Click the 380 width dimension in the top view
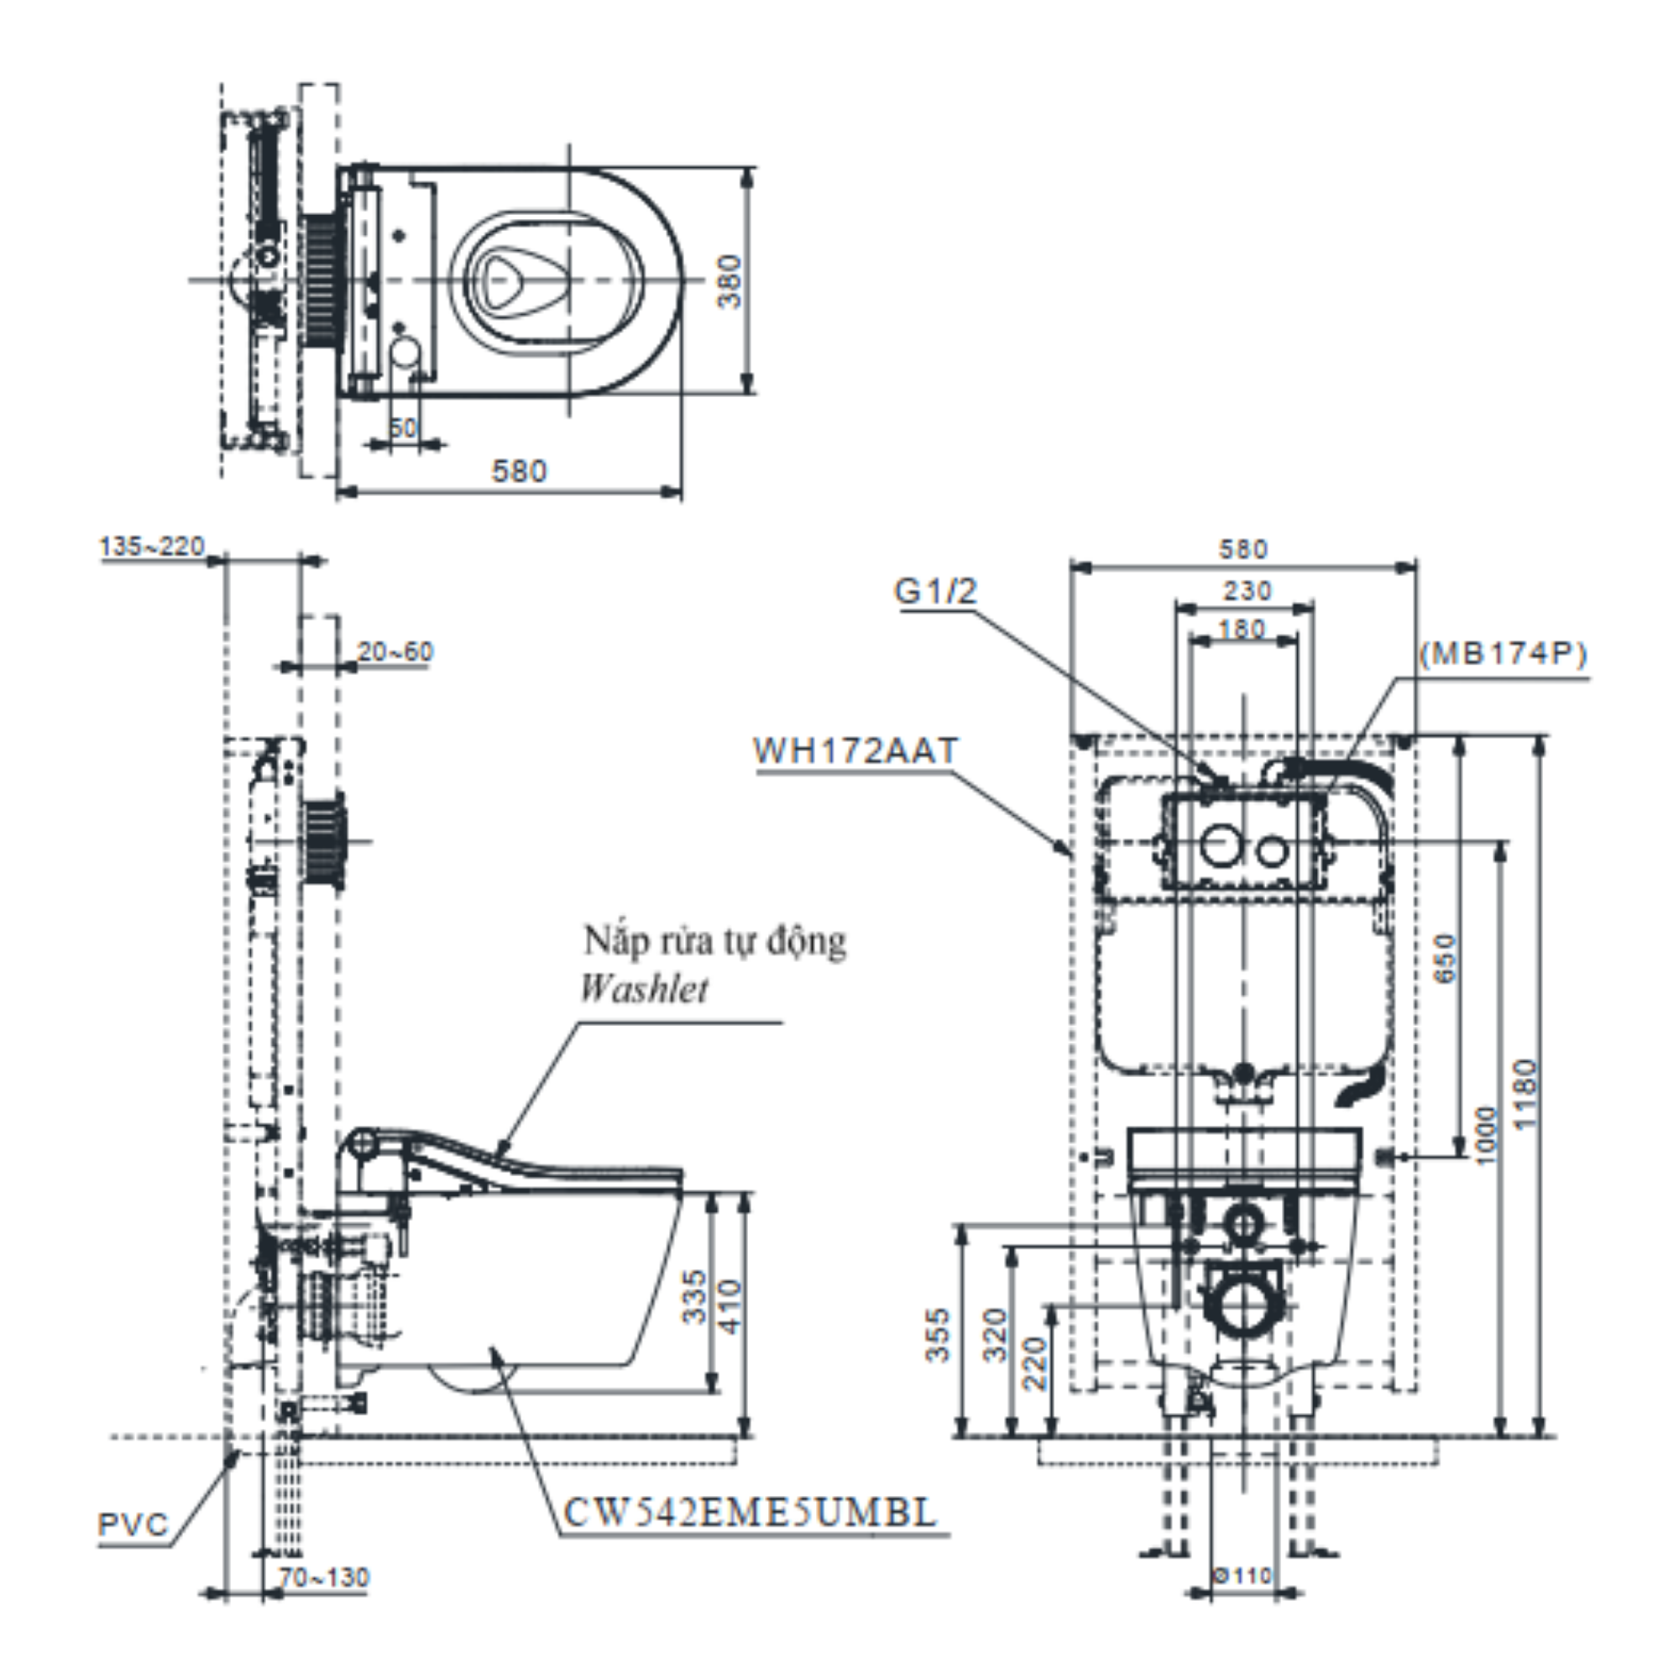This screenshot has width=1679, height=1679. pos(732,280)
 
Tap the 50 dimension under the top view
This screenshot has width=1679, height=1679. pos(403,427)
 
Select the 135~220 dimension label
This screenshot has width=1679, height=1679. pos(153,547)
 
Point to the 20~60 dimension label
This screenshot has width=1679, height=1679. pos(395,651)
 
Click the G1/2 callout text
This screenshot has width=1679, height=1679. pos(936,592)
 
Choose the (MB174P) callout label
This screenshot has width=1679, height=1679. pos(1504,653)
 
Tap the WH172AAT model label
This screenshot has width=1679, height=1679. pos(856,751)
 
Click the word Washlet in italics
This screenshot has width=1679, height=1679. pos(644,989)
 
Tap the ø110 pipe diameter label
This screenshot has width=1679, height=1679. pos(1243,1576)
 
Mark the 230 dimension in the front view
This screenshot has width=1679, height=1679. pos(1248,591)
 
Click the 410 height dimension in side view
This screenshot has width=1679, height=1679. pos(731,1306)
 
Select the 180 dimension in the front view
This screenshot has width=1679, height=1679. pos(1242,628)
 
